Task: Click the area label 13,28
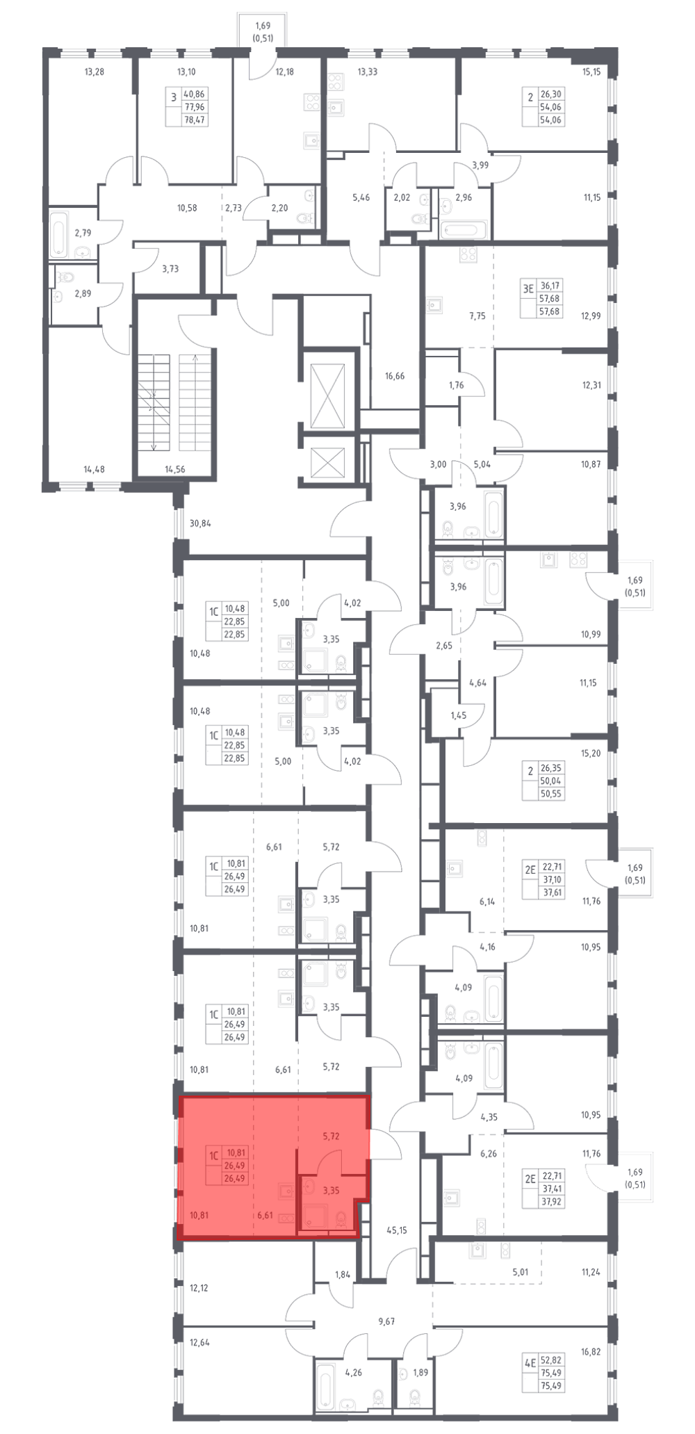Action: point(94,71)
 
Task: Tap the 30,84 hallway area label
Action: point(200,524)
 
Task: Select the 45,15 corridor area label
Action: point(396,1230)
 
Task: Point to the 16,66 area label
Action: point(394,376)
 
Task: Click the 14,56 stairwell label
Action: point(174,469)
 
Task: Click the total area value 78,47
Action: point(195,120)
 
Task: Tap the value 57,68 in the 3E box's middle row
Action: point(550,299)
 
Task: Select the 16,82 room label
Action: point(591,1352)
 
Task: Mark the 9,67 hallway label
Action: point(386,1321)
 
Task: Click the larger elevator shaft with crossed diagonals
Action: point(327,396)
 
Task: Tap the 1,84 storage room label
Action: point(343,1274)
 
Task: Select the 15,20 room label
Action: point(591,753)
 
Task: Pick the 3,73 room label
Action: point(170,268)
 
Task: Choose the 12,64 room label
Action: point(199,1342)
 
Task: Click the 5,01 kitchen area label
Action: point(520,1273)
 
